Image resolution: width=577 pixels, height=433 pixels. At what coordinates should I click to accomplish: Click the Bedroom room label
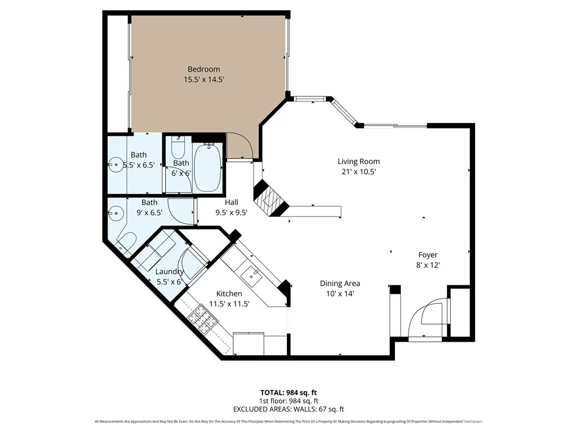tap(203, 69)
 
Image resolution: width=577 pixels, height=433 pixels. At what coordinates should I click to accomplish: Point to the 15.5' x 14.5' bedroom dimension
tap(203, 80)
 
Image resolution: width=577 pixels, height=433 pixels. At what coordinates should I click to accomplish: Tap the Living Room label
tap(358, 161)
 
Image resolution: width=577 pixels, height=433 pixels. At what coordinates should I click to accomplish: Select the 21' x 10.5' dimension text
tap(358, 171)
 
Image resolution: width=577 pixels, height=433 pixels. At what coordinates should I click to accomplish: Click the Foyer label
tap(428, 255)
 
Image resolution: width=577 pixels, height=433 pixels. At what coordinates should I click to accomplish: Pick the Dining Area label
tap(340, 284)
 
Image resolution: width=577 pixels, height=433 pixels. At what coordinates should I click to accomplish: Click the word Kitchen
tap(229, 294)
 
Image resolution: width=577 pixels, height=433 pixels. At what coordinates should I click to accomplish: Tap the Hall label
tap(231, 202)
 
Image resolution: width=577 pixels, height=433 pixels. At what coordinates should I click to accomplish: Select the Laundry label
tap(170, 272)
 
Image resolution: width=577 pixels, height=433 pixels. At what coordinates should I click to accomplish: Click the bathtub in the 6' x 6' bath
tap(207, 167)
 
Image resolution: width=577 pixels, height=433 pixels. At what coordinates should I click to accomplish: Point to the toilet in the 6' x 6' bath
tap(178, 148)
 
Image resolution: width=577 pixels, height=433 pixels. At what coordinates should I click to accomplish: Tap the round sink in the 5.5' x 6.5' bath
tap(117, 165)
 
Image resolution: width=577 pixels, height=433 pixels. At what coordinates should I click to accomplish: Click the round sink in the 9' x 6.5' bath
tap(117, 213)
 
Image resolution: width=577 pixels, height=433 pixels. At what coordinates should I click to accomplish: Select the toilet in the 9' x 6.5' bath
tap(126, 242)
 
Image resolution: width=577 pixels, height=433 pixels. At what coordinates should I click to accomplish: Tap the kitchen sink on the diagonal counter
tap(251, 275)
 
